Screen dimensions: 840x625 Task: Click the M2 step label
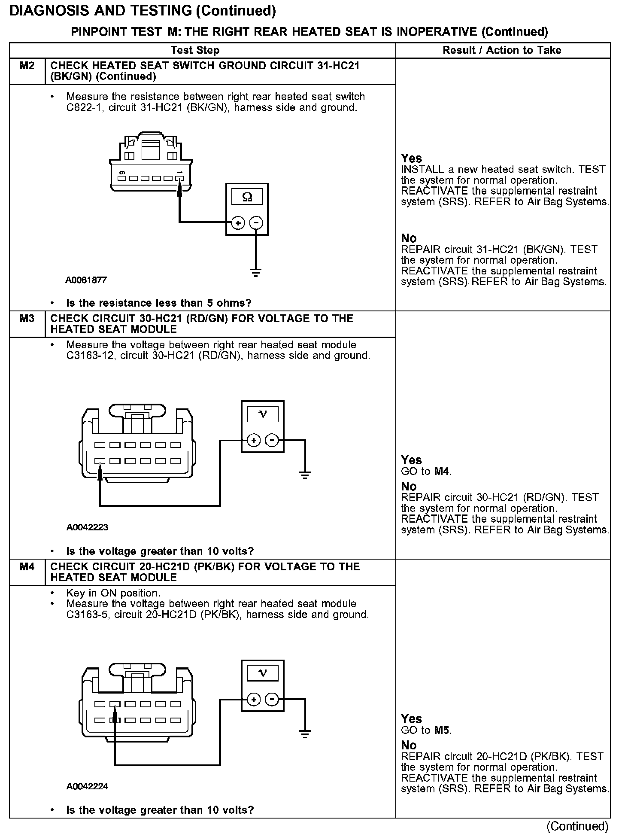coord(27,66)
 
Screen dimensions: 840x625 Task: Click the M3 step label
coord(27,319)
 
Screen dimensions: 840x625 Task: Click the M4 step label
coord(27,567)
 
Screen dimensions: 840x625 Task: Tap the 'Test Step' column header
coord(195,50)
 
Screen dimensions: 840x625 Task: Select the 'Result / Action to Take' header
coord(502,50)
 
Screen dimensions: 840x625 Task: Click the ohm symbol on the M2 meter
coord(247,197)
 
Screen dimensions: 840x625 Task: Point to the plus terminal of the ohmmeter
coord(238,222)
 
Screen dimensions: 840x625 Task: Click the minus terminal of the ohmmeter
coord(256,222)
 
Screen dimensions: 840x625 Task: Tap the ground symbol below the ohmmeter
coord(256,272)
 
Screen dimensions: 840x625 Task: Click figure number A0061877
coord(86,280)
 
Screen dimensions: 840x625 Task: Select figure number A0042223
coord(87,527)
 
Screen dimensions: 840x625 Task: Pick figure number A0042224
coord(87,786)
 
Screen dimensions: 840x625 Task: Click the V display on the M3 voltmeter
coord(263,414)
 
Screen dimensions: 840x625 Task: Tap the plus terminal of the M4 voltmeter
coord(254,700)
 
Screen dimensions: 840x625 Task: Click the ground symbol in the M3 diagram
coord(305,475)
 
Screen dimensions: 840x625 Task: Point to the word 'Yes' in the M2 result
coord(411,158)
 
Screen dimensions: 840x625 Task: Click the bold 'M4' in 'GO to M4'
coord(442,472)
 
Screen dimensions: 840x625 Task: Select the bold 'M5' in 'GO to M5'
coord(442,730)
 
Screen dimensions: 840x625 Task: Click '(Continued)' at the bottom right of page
coord(577,826)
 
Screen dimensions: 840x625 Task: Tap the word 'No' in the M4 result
coord(409,745)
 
